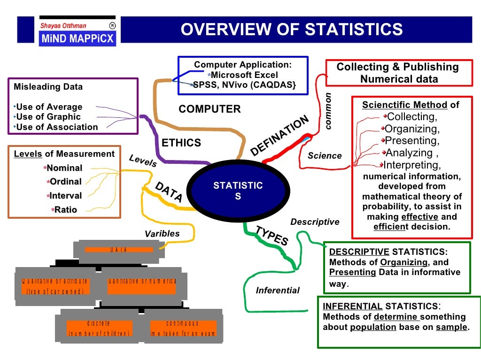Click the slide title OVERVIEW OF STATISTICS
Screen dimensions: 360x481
click(x=292, y=29)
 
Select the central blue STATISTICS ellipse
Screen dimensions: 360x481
click(x=238, y=191)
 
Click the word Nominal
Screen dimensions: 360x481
click(x=64, y=168)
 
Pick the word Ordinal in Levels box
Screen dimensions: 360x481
click(x=65, y=182)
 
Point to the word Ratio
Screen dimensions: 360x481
click(x=65, y=210)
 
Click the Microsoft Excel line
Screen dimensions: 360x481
click(x=244, y=75)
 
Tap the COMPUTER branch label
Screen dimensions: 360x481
click(x=209, y=109)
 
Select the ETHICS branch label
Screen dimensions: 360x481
click(x=181, y=143)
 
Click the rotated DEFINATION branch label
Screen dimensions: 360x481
click(x=280, y=136)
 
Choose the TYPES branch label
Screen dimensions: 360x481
click(x=272, y=236)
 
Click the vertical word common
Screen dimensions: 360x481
click(x=328, y=111)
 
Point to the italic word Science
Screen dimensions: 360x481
click(x=325, y=156)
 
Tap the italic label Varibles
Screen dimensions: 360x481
click(x=162, y=233)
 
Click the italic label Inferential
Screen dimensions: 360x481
click(x=278, y=291)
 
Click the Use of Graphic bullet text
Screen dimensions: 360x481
click(x=48, y=117)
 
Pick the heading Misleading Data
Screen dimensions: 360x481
click(x=48, y=87)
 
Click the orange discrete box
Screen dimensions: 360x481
click(x=99, y=328)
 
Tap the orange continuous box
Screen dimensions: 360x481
click(x=183, y=328)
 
